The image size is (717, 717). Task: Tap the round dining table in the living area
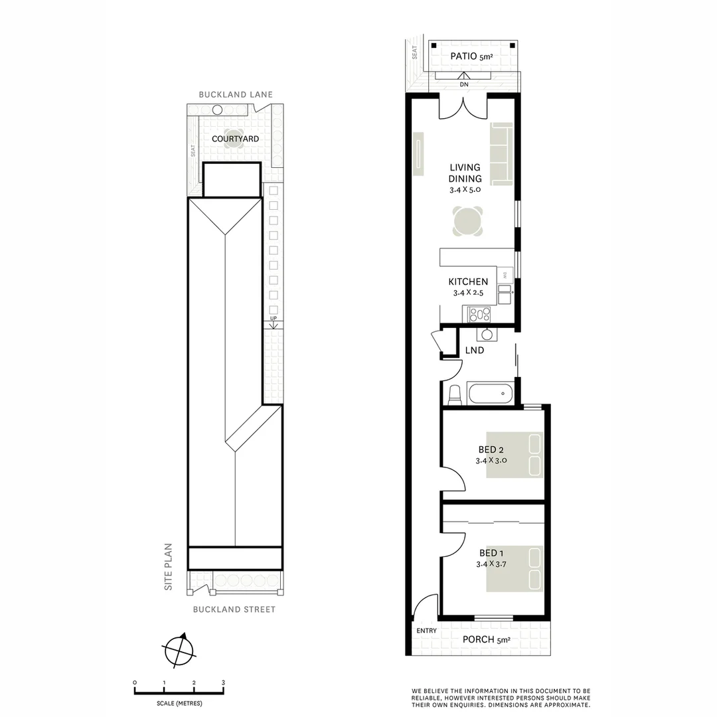tap(467, 221)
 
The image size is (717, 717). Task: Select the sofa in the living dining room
tap(502, 154)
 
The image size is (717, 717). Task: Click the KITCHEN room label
tap(468, 281)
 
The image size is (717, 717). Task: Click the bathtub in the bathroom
tap(491, 394)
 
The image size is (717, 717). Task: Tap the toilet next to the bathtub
tap(455, 394)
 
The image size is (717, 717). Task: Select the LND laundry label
tap(474, 350)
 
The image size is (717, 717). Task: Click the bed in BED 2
tap(515, 455)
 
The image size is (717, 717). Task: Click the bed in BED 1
tap(515, 568)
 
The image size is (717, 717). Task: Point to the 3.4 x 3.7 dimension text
tap(491, 564)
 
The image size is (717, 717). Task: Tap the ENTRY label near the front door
tap(426, 631)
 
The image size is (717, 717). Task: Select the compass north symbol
tap(179, 650)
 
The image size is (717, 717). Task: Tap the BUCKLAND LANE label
tap(236, 95)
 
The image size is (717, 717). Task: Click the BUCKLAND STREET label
tap(234, 609)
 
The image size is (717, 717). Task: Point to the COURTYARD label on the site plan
tap(235, 139)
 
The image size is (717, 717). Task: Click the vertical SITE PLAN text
tap(169, 568)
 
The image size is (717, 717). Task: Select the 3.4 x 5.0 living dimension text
tap(465, 189)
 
